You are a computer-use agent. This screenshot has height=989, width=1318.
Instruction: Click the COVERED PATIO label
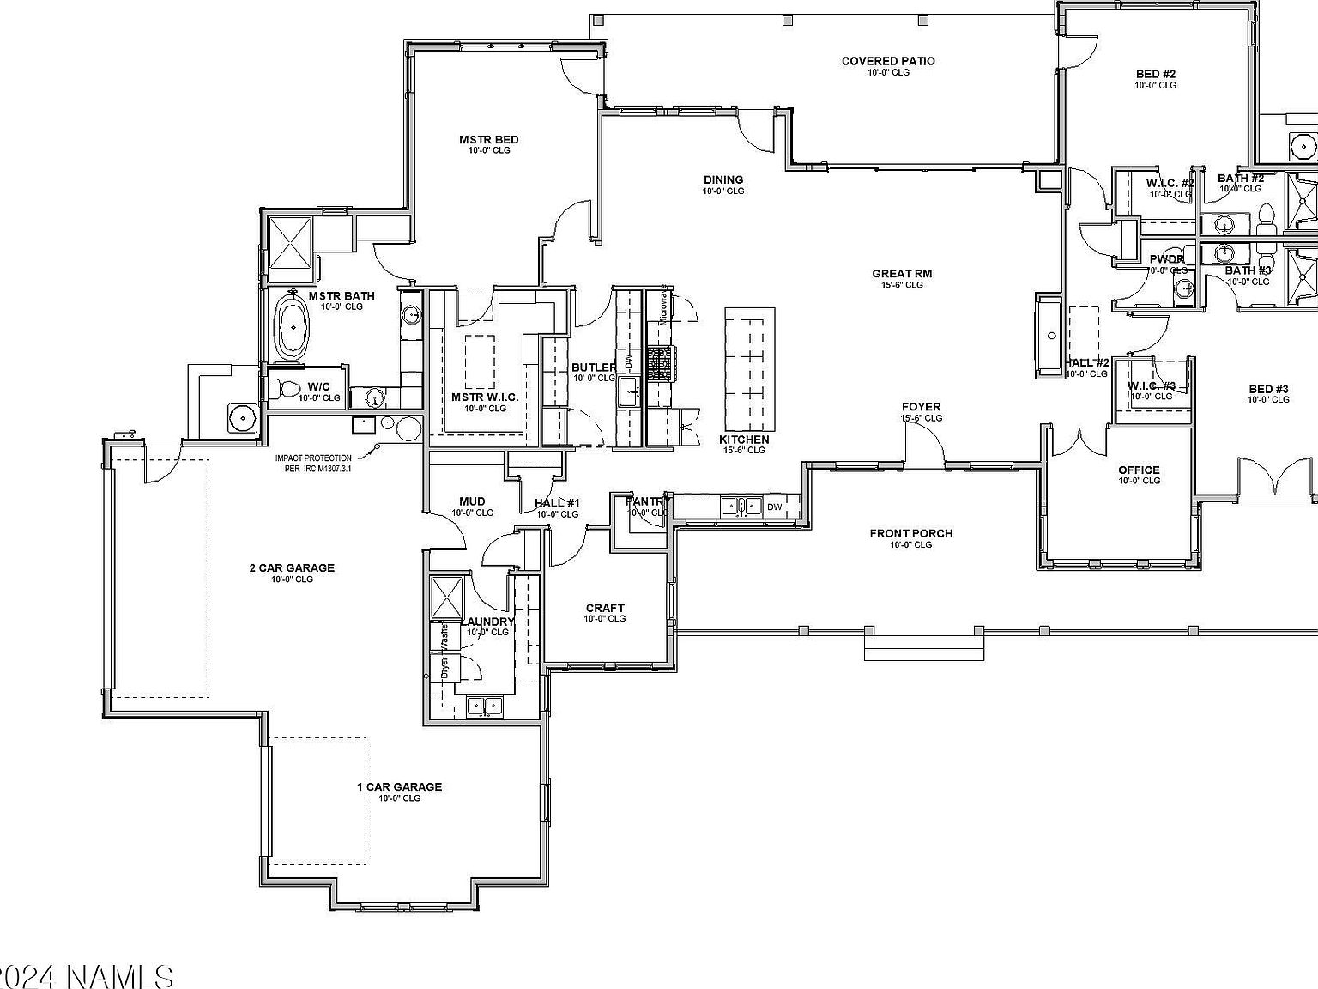tap(887, 61)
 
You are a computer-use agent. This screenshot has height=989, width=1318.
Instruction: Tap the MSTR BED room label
tap(488, 140)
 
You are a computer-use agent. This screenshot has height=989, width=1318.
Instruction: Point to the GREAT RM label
tap(902, 274)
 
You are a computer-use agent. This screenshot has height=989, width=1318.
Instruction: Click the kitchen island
tap(749, 369)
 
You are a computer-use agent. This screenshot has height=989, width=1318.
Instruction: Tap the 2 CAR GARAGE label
tap(292, 567)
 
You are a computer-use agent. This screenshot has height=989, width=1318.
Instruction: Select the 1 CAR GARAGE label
tap(399, 786)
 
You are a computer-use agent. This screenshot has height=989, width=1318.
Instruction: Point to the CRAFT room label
tap(605, 608)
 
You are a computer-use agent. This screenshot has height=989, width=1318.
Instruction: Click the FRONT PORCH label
tap(910, 533)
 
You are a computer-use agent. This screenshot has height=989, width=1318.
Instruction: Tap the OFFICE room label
tap(1139, 470)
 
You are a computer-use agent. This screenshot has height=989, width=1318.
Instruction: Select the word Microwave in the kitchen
tap(663, 305)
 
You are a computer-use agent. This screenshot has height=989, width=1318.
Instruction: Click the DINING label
tap(723, 179)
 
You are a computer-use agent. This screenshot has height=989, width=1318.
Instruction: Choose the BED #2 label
tap(1155, 74)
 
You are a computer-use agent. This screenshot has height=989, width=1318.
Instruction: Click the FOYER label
tap(921, 407)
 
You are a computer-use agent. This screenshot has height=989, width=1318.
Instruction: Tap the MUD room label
tap(472, 501)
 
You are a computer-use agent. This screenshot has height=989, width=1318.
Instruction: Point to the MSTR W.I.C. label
tap(485, 397)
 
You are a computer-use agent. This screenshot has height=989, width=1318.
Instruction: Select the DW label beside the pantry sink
tap(774, 507)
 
